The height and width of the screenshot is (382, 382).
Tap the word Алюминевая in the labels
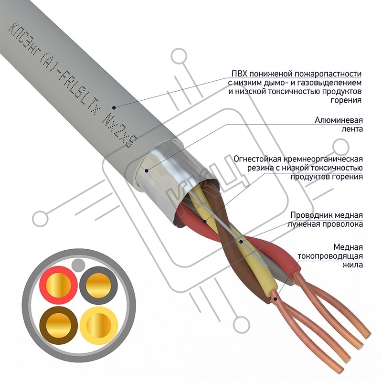[339, 120]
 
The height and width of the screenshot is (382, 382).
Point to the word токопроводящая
[330, 256]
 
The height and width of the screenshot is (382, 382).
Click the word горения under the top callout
[346, 100]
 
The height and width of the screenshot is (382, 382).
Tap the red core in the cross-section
[58, 285]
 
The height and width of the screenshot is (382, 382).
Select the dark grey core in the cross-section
[98, 285]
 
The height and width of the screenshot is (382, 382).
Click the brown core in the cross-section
[58, 325]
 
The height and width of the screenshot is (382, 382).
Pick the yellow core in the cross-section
[99, 325]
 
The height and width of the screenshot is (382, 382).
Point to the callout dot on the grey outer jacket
[114, 107]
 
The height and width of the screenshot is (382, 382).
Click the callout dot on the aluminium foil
[147, 170]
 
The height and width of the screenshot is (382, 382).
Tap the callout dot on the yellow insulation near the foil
[205, 222]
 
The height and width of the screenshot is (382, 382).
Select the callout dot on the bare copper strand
[275, 299]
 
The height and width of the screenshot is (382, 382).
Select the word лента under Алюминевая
[352, 129]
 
